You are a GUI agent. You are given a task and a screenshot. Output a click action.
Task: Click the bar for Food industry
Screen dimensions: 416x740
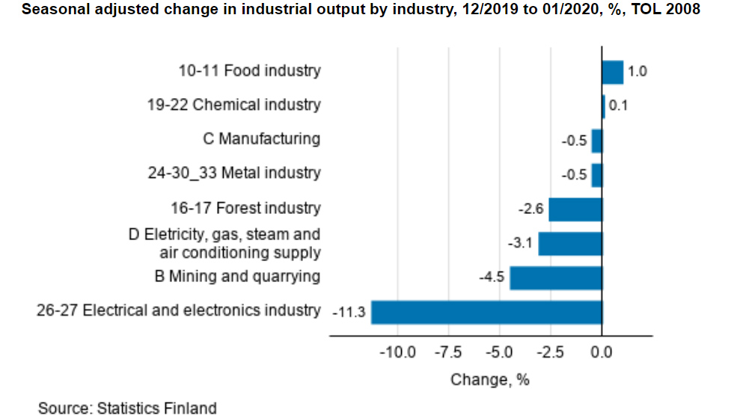[x=612, y=73]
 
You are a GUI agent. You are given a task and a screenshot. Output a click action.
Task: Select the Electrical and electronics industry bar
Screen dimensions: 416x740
[x=486, y=312]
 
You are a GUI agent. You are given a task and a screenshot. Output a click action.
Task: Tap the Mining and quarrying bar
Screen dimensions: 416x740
[x=556, y=278]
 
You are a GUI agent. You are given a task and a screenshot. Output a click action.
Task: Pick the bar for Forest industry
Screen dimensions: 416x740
[x=575, y=209]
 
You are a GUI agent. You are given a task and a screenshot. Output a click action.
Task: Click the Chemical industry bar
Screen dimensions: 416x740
[x=604, y=106]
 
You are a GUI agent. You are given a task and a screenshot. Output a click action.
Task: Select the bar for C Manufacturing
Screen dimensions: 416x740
[x=596, y=141]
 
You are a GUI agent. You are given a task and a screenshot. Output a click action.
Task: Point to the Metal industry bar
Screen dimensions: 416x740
[x=596, y=175]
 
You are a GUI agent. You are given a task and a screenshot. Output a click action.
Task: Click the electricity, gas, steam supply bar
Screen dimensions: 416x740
[x=570, y=244]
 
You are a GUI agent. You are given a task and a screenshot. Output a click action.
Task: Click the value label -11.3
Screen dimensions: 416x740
[x=348, y=313]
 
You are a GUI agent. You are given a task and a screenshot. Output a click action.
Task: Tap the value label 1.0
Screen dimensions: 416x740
[x=637, y=73]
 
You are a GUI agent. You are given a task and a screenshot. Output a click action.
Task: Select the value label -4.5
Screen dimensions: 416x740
[x=492, y=278]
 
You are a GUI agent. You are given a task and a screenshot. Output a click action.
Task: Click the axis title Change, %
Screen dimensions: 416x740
[x=489, y=379]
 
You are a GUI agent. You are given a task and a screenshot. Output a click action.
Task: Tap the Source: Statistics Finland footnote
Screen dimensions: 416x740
[x=127, y=408]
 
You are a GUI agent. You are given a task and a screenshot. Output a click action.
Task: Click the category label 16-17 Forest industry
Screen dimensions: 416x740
[x=245, y=208]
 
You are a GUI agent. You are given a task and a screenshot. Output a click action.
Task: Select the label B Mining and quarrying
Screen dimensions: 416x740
[x=237, y=276]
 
